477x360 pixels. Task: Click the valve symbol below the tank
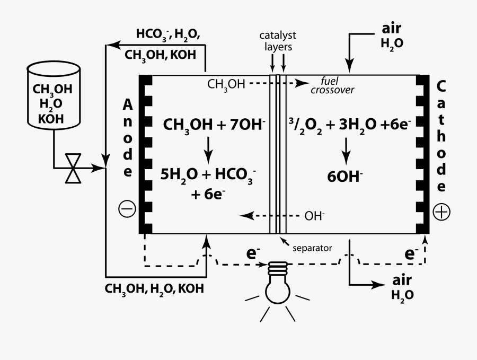coord(73,169)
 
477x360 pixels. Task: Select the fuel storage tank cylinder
coord(53,96)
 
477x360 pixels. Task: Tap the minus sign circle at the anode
coord(127,210)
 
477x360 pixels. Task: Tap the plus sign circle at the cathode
coord(441,212)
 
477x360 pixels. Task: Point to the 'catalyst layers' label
coord(278,41)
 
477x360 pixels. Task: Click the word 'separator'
coord(312,248)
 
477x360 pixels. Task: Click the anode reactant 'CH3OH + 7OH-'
coord(214,125)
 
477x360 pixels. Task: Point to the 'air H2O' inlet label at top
coord(392,35)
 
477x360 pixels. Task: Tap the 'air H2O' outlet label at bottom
coord(403,287)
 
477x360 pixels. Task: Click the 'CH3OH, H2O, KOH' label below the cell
coord(154,289)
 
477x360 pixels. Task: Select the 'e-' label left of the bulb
coord(252,253)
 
